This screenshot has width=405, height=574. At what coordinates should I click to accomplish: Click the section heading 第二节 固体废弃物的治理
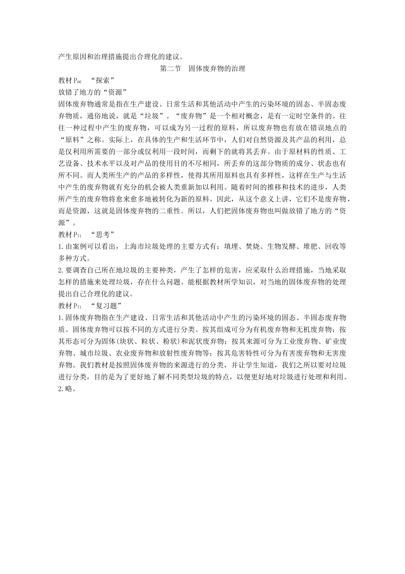point(202,69)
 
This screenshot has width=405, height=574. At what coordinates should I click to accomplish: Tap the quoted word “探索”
point(103,80)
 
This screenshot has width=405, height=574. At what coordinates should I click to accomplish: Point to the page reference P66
point(77,81)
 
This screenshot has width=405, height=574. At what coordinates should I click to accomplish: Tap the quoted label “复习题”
point(107,306)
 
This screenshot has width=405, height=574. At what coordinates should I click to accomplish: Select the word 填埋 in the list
point(231,246)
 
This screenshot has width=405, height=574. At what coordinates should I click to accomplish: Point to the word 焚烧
point(253,246)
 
